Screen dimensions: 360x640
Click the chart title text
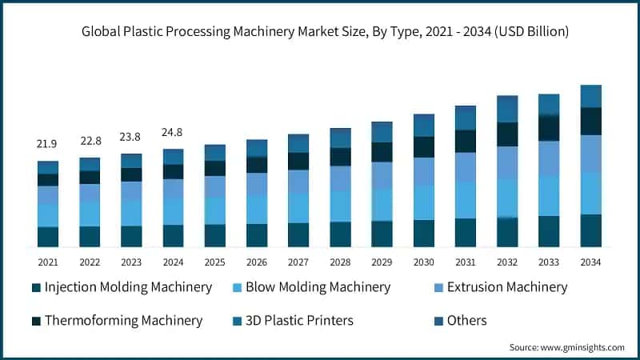tap(320, 33)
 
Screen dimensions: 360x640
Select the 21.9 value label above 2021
tap(48, 144)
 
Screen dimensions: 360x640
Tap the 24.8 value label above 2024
tap(173, 131)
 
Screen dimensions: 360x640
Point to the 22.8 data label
tap(90, 141)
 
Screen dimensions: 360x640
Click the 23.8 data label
tap(131, 136)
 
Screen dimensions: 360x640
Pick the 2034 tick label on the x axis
tap(590, 262)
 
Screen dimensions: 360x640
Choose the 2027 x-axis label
tap(298, 262)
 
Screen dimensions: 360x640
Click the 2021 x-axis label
tap(48, 262)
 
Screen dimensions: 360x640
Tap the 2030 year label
tap(423, 262)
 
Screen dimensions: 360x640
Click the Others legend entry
tap(466, 321)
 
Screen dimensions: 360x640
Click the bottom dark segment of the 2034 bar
tap(590, 230)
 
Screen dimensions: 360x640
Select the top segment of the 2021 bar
tap(48, 167)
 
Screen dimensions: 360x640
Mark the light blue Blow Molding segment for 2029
tap(382, 205)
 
